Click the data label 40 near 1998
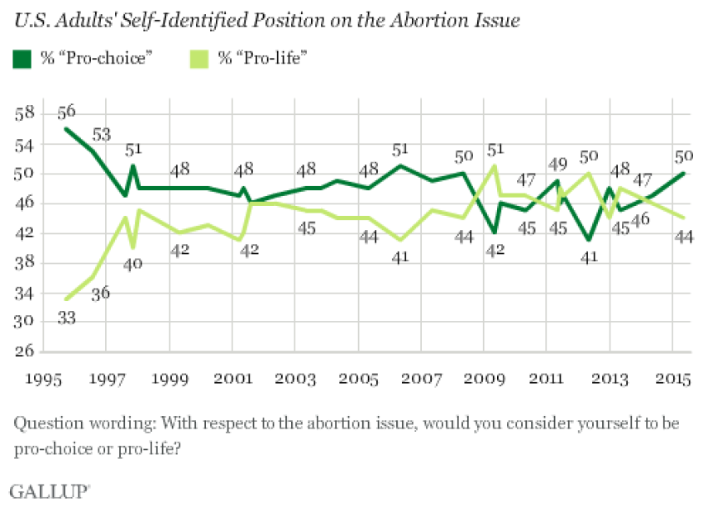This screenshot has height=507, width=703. pos(133,265)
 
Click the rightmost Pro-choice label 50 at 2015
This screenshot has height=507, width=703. pos(683,157)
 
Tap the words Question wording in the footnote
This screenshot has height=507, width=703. pos(67,424)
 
